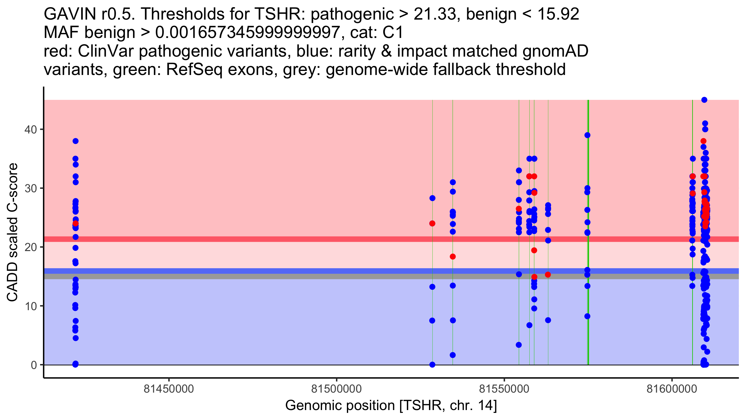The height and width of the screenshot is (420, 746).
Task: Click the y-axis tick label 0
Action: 34,365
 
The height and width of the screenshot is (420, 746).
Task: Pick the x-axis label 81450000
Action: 169,389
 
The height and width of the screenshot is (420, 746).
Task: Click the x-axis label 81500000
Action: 337,389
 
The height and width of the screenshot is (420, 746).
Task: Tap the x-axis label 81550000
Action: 504,389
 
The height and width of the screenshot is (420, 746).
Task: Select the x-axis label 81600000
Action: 672,389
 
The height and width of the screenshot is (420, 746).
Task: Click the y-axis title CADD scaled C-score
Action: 12,232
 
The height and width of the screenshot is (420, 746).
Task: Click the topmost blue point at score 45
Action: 704,100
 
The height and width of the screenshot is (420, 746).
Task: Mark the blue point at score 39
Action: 587,135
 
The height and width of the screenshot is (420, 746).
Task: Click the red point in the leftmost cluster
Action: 76,223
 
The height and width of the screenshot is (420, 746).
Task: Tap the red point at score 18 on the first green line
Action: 453,257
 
